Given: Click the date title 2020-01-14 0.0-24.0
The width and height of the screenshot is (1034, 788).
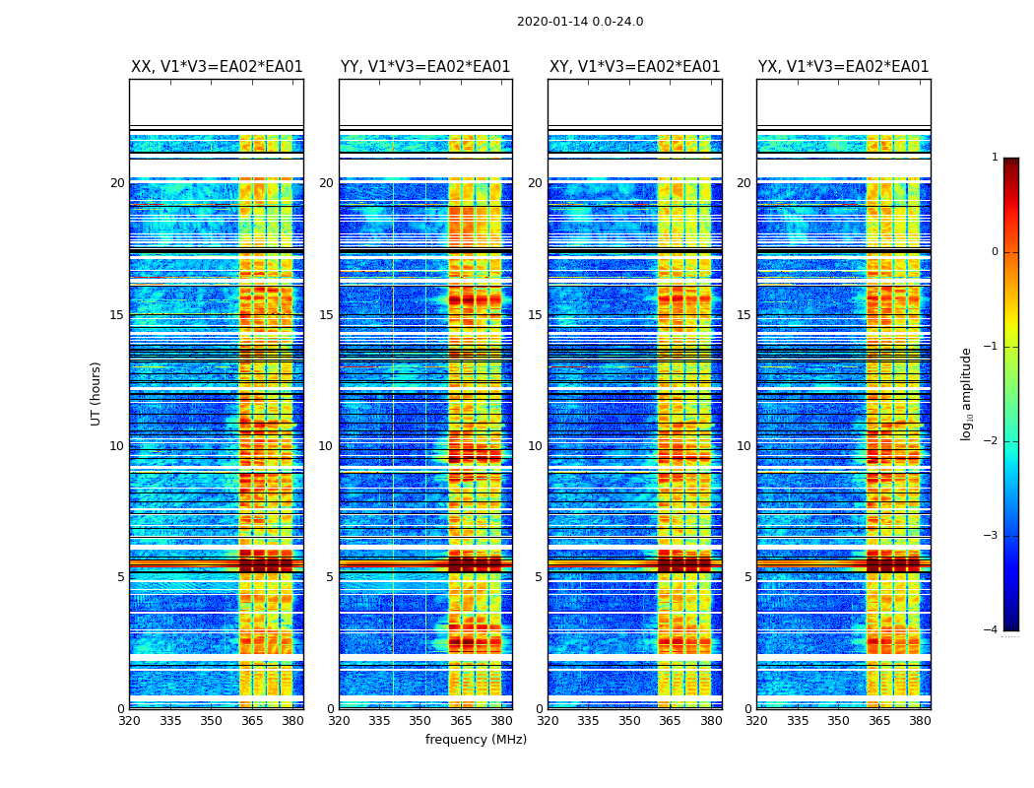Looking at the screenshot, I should pyautogui.click(x=580, y=22).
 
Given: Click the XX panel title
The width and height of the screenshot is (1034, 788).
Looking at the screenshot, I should pyautogui.click(x=217, y=67).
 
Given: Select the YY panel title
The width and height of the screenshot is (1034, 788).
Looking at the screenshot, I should pyautogui.click(x=425, y=67).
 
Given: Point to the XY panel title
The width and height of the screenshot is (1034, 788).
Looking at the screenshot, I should pyautogui.click(x=634, y=67).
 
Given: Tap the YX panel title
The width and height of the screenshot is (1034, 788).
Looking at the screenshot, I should pyautogui.click(x=843, y=67).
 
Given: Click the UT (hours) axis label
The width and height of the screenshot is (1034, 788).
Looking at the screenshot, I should pyautogui.click(x=97, y=393).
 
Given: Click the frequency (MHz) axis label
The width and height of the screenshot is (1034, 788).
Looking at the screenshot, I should pyautogui.click(x=476, y=740).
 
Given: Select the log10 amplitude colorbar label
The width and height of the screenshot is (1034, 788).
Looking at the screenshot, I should pyautogui.click(x=967, y=393).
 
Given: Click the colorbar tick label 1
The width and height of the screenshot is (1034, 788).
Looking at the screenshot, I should pyautogui.click(x=995, y=158).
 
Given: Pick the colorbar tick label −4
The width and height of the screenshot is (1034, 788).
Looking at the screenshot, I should pyautogui.click(x=992, y=630).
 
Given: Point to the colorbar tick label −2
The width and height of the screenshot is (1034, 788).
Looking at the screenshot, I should pyautogui.click(x=992, y=441).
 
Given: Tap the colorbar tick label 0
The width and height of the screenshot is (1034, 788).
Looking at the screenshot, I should pyautogui.click(x=995, y=252).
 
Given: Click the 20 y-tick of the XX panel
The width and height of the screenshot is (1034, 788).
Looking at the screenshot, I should pyautogui.click(x=117, y=183).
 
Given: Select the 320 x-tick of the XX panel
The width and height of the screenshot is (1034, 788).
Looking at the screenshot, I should pyautogui.click(x=129, y=721).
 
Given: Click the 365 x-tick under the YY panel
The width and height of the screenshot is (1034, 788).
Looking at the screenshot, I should pyautogui.click(x=461, y=721).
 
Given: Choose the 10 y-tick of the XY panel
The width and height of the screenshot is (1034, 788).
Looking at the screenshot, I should pyautogui.click(x=535, y=446).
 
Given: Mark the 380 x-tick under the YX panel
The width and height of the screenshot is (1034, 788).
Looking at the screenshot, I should pyautogui.click(x=920, y=721).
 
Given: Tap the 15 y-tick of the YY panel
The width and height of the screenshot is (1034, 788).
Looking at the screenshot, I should pyautogui.click(x=326, y=315).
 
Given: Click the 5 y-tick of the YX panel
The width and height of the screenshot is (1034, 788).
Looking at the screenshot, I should pyautogui.click(x=747, y=577).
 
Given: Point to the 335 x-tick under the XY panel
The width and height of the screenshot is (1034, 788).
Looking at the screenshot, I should pyautogui.click(x=589, y=721).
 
